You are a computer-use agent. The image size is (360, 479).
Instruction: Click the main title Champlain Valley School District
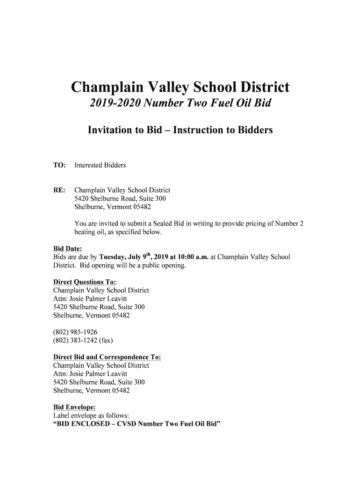pos(180,87)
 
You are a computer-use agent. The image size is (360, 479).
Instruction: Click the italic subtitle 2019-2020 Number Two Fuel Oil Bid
pos(180,108)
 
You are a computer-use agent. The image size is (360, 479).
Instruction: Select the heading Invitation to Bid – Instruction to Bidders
pos(180,131)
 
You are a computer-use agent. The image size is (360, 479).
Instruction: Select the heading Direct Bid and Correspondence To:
pos(108,357)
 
